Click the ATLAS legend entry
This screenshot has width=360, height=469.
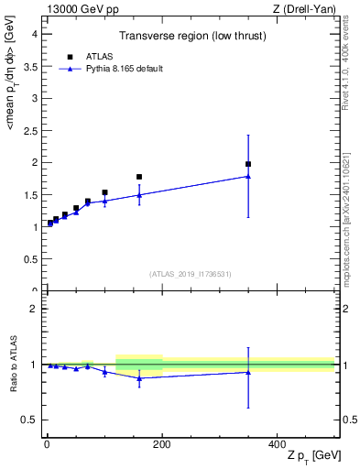tap(94, 56)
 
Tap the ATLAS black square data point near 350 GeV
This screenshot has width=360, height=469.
tap(248, 164)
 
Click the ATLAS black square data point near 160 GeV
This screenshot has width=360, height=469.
tap(139, 177)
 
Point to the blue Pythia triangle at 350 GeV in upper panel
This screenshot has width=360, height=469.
tap(248, 176)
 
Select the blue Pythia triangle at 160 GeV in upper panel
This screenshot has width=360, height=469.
tap(139, 194)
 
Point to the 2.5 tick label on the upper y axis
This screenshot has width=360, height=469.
tap(30, 130)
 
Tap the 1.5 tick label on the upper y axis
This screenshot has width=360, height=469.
tap(30, 194)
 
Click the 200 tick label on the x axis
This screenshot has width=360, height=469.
tap(162, 444)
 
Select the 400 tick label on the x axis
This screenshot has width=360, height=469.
tap(277, 444)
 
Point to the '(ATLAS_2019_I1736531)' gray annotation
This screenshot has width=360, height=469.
tap(191, 274)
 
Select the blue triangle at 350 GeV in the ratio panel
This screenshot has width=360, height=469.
tap(248, 371)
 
